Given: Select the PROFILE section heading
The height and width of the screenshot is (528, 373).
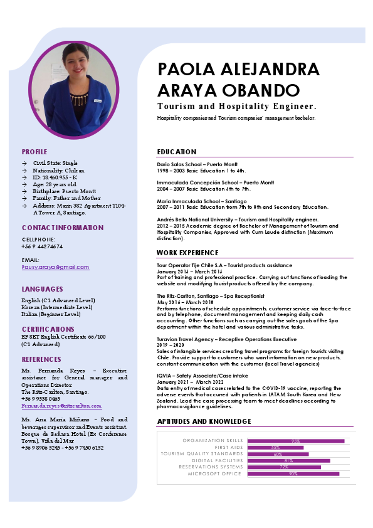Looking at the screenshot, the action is point(34,152).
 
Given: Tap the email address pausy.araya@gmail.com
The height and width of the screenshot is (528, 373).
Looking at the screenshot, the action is point(55,267).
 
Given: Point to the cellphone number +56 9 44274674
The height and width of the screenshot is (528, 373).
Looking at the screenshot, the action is point(42,246).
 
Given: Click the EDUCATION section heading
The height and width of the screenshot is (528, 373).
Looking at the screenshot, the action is point(177,152).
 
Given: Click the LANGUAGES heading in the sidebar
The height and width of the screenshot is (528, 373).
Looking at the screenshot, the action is point(42,289).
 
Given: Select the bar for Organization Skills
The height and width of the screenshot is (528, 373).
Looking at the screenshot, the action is point(296,441).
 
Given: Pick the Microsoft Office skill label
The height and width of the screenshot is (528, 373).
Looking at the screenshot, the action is point(214,473).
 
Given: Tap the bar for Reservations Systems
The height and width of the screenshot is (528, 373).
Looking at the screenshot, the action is point(284,467).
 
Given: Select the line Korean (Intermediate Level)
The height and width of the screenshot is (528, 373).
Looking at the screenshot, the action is point(57,307).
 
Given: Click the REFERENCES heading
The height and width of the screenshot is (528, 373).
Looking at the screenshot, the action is point(41,359).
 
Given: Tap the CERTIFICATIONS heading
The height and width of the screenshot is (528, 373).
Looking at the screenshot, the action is point(48,329).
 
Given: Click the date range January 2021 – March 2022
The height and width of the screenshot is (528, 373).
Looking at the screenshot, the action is point(190,382).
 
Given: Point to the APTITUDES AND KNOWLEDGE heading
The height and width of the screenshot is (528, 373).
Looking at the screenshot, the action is point(204,421).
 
